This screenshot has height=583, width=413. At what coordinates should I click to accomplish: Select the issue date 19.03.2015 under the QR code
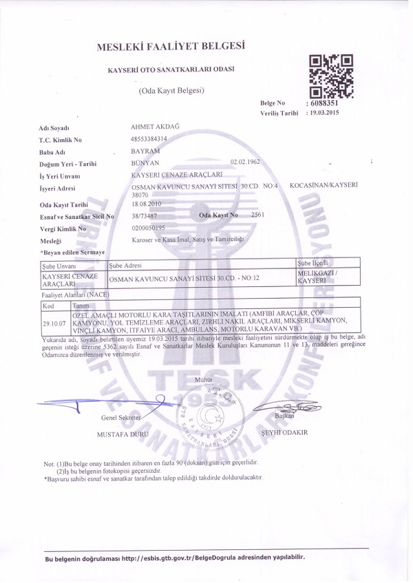[326, 112]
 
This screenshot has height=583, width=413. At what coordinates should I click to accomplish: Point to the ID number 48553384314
[149, 138]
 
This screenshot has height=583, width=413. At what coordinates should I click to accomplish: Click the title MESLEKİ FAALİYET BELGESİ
[171, 47]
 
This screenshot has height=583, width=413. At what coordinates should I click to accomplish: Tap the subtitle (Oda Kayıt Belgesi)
[172, 90]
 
